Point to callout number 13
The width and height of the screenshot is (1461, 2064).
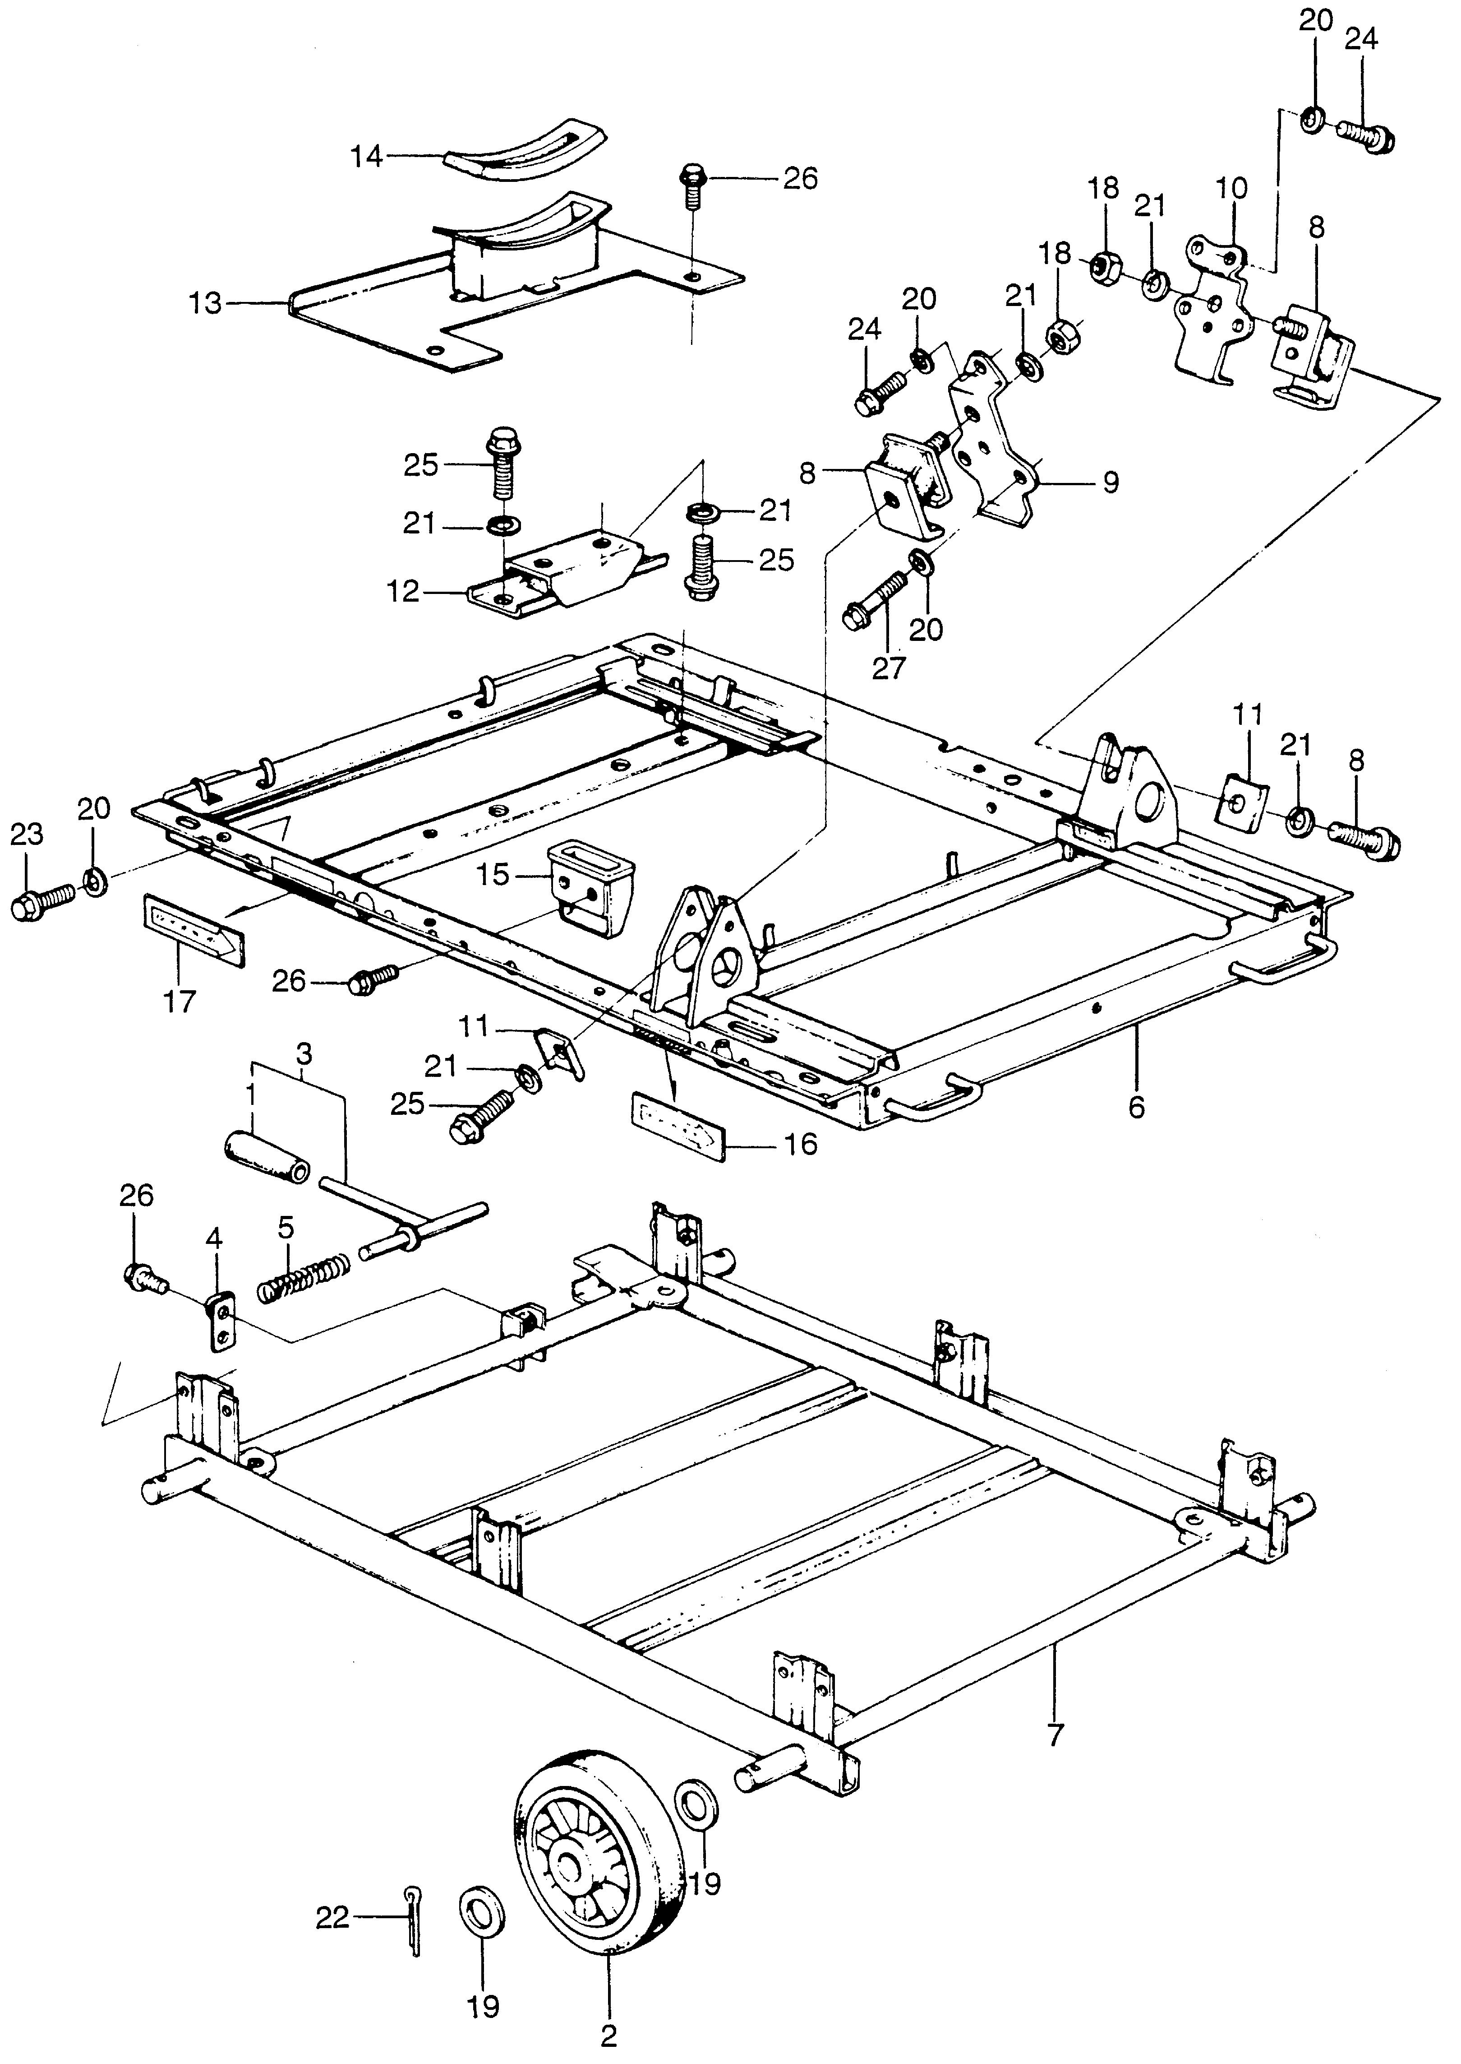[x=206, y=303]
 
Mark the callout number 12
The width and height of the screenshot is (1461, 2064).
[x=404, y=591]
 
